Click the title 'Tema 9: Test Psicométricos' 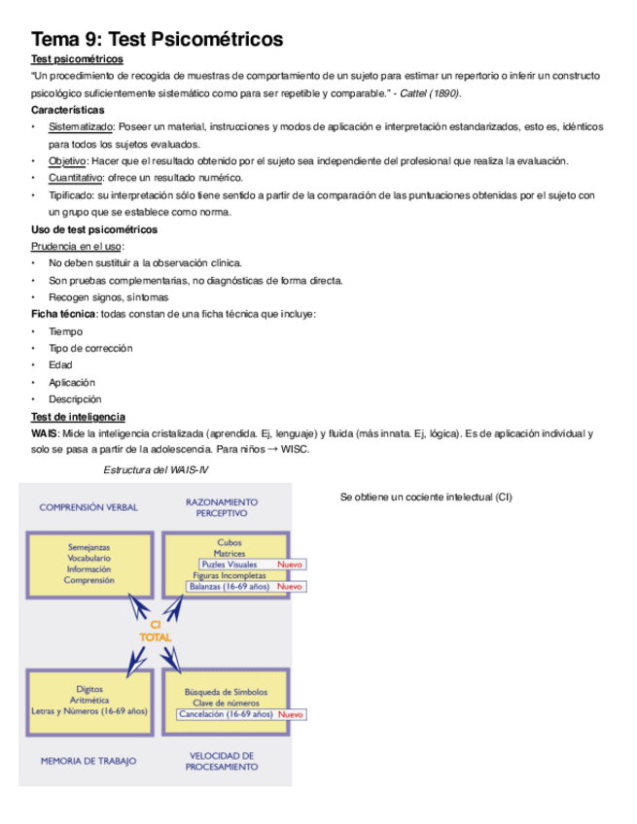[158, 39]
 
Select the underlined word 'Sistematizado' [82, 127]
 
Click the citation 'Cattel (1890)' [430, 93]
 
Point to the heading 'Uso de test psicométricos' [94, 229]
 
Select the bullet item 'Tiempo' [65, 331]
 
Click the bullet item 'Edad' [60, 365]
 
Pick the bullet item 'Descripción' [74, 399]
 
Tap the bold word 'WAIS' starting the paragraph [44, 433]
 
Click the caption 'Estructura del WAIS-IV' [156, 470]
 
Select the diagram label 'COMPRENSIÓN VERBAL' [88, 507]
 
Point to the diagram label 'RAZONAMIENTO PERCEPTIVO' [222, 507]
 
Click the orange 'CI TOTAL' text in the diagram [156, 631]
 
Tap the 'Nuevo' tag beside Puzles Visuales [290, 565]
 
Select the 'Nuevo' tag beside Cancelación [290, 714]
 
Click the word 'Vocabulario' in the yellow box [88, 559]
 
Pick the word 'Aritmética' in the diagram [88, 700]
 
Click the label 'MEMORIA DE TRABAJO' [88, 761]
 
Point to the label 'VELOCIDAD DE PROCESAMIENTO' [222, 761]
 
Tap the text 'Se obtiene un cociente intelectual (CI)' [425, 498]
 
